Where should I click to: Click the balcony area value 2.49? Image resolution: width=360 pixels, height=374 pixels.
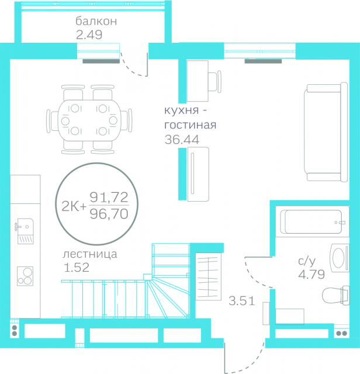pyautogui.click(x=89, y=35)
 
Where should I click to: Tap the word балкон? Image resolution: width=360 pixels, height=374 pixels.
pyautogui.click(x=96, y=21)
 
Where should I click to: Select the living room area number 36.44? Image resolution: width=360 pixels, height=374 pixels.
pyautogui.click(x=182, y=140)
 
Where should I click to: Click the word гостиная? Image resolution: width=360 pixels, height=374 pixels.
pyautogui.click(x=191, y=125)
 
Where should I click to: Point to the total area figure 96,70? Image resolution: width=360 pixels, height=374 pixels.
pyautogui.click(x=109, y=214)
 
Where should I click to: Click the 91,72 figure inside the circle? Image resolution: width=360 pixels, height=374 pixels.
pyautogui.click(x=109, y=198)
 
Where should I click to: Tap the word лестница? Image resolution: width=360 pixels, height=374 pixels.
pyautogui.click(x=89, y=254)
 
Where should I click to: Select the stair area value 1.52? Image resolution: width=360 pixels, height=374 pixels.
pyautogui.click(x=77, y=268)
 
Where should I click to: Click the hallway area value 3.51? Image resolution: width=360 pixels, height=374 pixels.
pyautogui.click(x=242, y=301)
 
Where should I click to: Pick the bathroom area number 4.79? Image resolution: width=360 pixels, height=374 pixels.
pyautogui.click(x=311, y=274)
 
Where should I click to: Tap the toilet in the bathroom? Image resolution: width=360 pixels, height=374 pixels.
pyautogui.click(x=336, y=295)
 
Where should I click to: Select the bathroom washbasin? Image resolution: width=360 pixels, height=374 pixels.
pyautogui.click(x=340, y=258)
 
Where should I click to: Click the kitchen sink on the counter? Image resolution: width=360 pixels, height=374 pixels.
pyautogui.click(x=25, y=231)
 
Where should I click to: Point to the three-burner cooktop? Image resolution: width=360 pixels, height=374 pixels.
pyautogui.click(x=25, y=276)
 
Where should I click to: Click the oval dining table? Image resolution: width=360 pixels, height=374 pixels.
pyautogui.click(x=89, y=120)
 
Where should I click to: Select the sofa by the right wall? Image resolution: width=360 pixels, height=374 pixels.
pyautogui.click(x=326, y=132)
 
